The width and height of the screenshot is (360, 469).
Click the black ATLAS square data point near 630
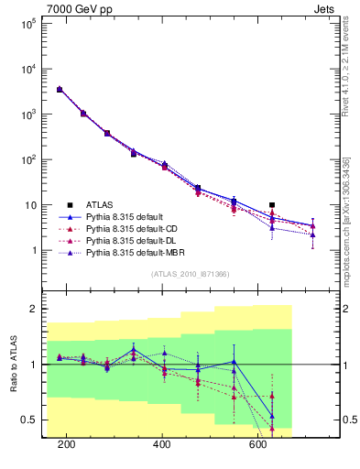pyautogui.click(x=272, y=205)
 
